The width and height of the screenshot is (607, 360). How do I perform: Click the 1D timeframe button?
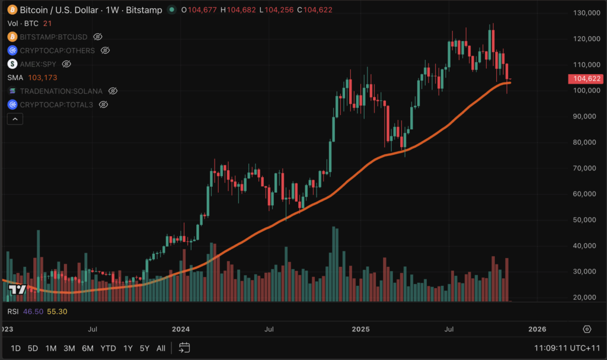[x=16, y=348]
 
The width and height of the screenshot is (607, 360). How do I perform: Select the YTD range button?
[x=108, y=348]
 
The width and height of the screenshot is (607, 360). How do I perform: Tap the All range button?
[x=161, y=348]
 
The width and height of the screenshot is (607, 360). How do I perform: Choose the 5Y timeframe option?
[x=144, y=348]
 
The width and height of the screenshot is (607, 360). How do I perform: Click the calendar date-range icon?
[x=184, y=348]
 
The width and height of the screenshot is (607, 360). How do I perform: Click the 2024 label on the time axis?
[x=180, y=329]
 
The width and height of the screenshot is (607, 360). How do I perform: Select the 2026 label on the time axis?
[x=537, y=329]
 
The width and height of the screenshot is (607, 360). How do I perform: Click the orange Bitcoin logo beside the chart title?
[x=12, y=10]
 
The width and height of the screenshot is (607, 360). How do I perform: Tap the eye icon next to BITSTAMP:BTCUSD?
[x=98, y=37]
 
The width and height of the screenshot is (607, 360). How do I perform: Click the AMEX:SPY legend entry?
[x=39, y=63]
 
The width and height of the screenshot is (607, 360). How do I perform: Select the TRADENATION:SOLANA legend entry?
[x=61, y=91]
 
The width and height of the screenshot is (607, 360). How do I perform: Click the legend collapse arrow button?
[x=15, y=119]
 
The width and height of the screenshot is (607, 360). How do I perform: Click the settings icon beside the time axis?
[x=587, y=329]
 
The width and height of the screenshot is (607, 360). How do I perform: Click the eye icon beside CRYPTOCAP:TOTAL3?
[x=103, y=104]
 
